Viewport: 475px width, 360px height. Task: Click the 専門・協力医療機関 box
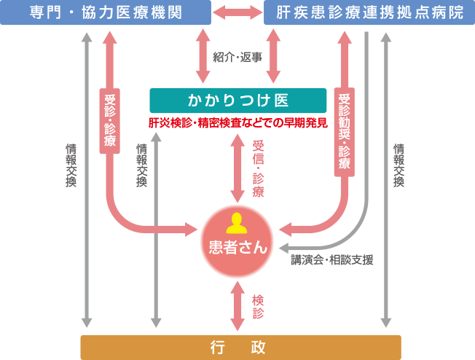[106, 12]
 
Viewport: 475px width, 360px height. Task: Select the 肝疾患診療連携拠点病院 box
[369, 12]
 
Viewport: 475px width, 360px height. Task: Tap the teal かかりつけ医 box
[237, 100]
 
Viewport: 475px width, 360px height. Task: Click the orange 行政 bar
[240, 347]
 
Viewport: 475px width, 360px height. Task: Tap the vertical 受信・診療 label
[257, 169]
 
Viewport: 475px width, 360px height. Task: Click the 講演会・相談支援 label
[331, 259]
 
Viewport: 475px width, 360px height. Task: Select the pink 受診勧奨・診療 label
[345, 132]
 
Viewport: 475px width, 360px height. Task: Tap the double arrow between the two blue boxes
[237, 12]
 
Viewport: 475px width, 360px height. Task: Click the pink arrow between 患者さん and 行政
[237, 307]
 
